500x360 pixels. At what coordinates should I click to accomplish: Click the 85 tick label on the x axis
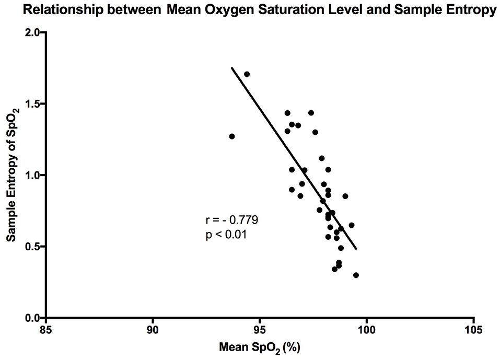tap(46, 331)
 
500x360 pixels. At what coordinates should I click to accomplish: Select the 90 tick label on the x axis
tap(153, 331)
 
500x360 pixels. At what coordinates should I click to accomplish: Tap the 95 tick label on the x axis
tap(260, 331)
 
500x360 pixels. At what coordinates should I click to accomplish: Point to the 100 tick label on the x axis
tap(366, 331)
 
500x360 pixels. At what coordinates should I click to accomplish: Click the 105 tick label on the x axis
tap(473, 331)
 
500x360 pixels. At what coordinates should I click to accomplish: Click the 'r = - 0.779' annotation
tap(232, 220)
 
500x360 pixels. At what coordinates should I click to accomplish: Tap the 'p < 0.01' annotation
tap(226, 235)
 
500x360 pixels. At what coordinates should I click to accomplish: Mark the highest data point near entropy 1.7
tap(247, 74)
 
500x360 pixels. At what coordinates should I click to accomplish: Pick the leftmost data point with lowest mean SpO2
tap(232, 136)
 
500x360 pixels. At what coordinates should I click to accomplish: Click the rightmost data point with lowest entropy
tap(356, 275)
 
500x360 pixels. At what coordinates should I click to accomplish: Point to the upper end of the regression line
tap(232, 68)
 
